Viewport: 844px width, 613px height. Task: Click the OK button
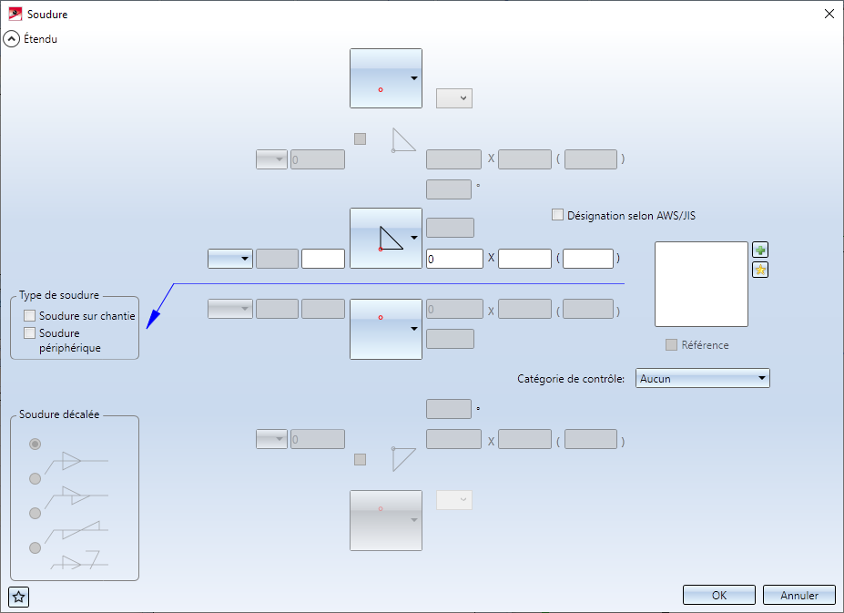pyautogui.click(x=718, y=596)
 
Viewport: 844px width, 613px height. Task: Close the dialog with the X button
pyautogui.click(x=829, y=14)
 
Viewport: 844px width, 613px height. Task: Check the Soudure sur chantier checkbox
pyautogui.click(x=30, y=315)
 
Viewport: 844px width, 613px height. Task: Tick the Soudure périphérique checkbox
pyautogui.click(x=30, y=333)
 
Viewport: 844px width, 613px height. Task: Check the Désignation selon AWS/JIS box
pyautogui.click(x=558, y=216)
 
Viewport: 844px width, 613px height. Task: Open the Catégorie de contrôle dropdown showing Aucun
pyautogui.click(x=703, y=378)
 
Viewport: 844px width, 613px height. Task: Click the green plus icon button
pyautogui.click(x=760, y=250)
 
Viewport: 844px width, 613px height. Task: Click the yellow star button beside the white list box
pyautogui.click(x=760, y=270)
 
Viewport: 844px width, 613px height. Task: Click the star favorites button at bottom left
pyautogui.click(x=19, y=598)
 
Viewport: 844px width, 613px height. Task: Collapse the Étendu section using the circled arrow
pyautogui.click(x=12, y=39)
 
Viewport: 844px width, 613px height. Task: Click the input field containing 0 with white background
pyautogui.click(x=454, y=259)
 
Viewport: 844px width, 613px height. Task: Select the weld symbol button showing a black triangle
pyautogui.click(x=386, y=238)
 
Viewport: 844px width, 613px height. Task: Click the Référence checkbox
pyautogui.click(x=672, y=345)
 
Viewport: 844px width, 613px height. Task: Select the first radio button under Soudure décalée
pyautogui.click(x=36, y=444)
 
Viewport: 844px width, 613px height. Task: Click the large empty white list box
pyautogui.click(x=701, y=284)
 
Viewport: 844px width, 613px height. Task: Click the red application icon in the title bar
pyautogui.click(x=15, y=15)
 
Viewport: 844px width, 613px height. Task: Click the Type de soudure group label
pyautogui.click(x=59, y=296)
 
